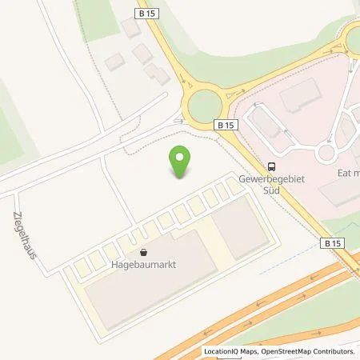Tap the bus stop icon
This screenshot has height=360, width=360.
pyautogui.click(x=272, y=167)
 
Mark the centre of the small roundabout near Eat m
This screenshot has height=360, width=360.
pyautogui.click(x=326, y=152)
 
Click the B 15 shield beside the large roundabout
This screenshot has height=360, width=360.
pyautogui.click(x=226, y=126)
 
